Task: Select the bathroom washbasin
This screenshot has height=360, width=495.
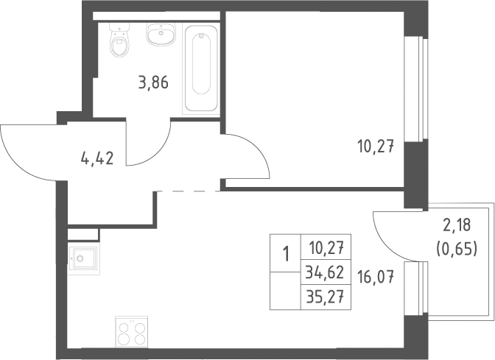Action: click(161, 35)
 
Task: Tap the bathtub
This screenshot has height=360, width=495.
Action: click(201, 68)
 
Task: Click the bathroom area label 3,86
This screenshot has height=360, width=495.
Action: click(153, 83)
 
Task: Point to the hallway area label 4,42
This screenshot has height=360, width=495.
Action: click(97, 158)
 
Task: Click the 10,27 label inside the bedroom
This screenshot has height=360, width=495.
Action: click(376, 147)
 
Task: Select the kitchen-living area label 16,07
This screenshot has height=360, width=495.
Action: click(376, 278)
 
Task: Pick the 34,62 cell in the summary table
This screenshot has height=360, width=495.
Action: click(326, 272)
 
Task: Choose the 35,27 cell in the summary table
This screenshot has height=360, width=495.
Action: click(326, 297)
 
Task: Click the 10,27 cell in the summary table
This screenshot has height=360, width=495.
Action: click(326, 247)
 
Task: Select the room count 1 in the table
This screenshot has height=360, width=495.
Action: click(286, 254)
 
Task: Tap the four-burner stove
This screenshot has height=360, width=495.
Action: click(131, 332)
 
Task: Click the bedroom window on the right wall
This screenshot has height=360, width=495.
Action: click(416, 88)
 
